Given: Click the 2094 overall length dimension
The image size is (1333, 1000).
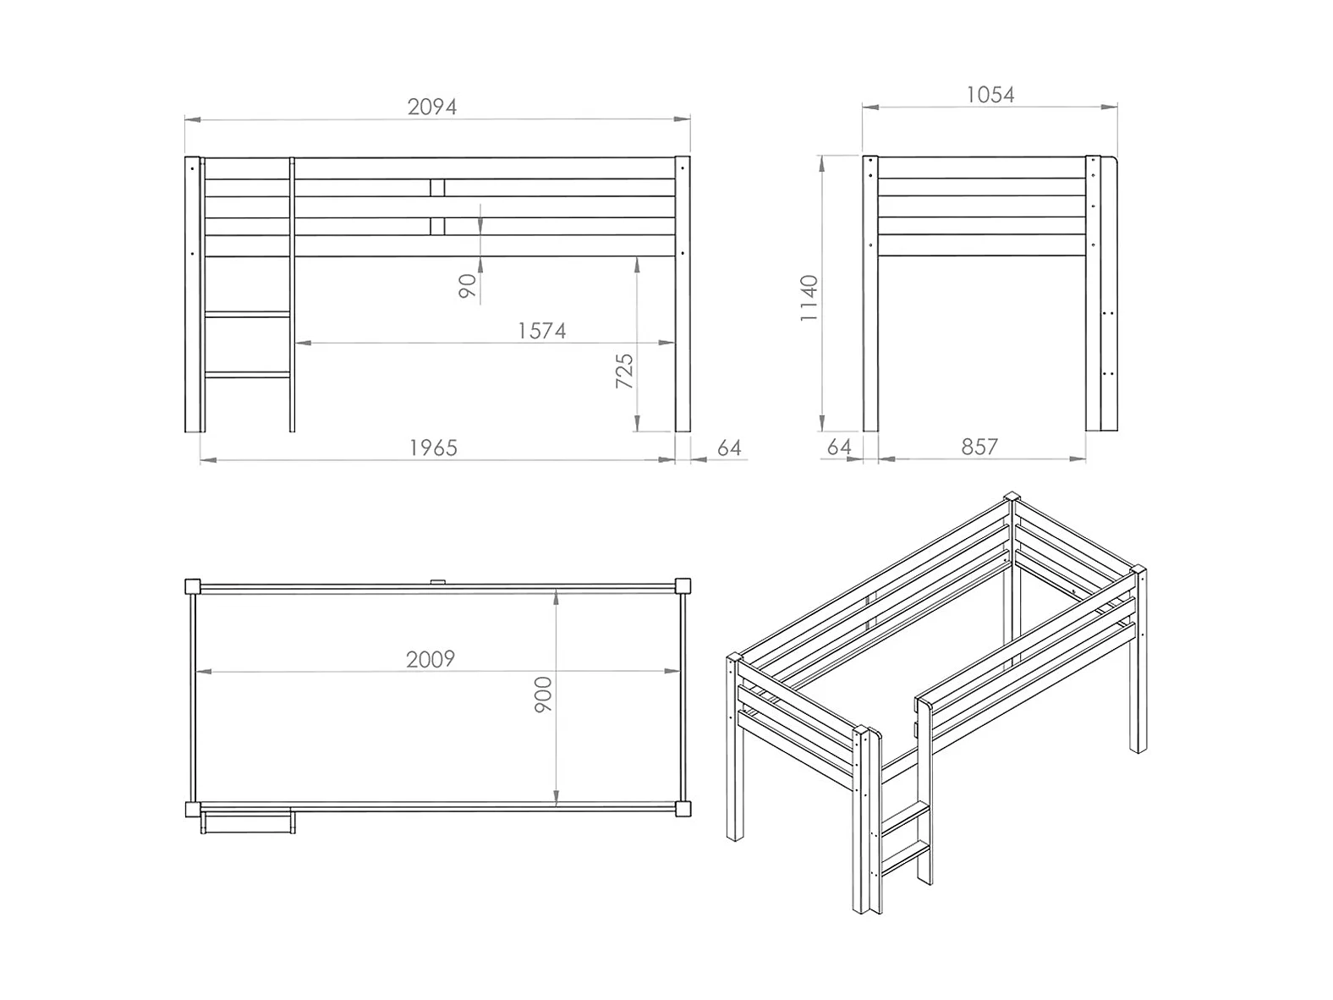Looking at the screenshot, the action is (x=431, y=107).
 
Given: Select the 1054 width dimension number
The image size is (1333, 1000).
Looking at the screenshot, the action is (x=990, y=95).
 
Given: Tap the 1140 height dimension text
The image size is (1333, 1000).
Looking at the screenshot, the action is (x=809, y=298).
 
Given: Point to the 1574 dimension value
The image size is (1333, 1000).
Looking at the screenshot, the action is (x=541, y=331).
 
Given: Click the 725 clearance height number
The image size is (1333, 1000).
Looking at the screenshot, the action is (x=624, y=371).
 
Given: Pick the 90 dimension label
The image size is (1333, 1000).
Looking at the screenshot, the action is (x=467, y=286).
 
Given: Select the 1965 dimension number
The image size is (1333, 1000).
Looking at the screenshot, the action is (x=433, y=448).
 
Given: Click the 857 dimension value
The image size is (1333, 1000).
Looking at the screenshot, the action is (x=979, y=447).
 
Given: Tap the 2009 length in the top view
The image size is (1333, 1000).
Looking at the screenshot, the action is (x=430, y=659).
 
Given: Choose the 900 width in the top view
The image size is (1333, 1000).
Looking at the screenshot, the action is (x=543, y=694).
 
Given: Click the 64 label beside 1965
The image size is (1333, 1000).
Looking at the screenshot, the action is (x=729, y=448).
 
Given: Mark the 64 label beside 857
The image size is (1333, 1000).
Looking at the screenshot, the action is (x=839, y=447).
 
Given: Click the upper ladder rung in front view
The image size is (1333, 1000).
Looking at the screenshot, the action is (x=248, y=315).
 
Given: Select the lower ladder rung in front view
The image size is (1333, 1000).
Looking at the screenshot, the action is (x=248, y=375).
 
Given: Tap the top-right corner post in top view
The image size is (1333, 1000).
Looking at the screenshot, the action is (x=683, y=586).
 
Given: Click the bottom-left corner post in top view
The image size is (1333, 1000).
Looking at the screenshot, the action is (x=193, y=809).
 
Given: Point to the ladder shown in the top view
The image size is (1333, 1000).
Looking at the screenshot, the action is (x=248, y=822).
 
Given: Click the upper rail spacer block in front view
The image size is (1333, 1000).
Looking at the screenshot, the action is (x=437, y=188).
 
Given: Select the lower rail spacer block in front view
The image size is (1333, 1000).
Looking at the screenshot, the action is (x=437, y=227).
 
